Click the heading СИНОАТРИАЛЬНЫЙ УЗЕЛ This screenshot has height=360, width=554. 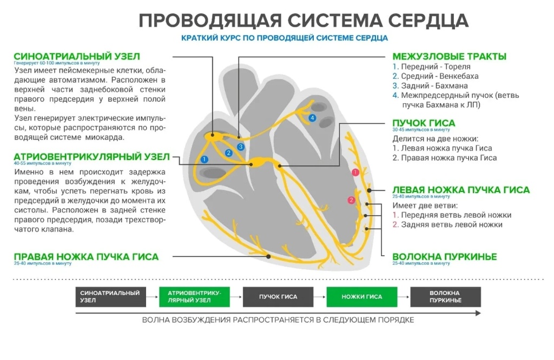(x=77, y=57)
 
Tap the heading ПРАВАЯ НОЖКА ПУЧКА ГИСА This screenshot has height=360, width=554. (x=86, y=257)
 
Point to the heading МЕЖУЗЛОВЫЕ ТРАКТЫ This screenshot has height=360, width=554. (x=449, y=57)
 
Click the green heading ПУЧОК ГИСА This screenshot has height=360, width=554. (x=424, y=123)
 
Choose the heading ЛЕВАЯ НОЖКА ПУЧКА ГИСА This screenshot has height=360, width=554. (x=461, y=190)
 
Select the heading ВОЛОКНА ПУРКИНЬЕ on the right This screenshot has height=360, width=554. (x=444, y=257)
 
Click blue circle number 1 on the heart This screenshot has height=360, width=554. (x=204, y=159)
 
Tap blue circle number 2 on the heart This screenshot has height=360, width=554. (x=229, y=154)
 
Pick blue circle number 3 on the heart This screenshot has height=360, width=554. (x=241, y=147)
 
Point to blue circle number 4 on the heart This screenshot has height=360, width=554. (x=312, y=118)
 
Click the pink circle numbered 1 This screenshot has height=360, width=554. (x=355, y=172)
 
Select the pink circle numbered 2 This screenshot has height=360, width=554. (x=351, y=201)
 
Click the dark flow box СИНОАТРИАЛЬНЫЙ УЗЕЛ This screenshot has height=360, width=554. (x=110, y=297)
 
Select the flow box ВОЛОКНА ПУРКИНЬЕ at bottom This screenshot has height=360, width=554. (x=445, y=297)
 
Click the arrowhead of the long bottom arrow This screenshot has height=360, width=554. (x=478, y=313)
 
